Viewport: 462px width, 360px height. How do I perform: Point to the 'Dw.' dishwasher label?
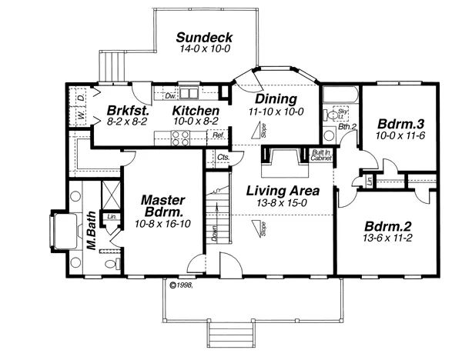(171, 95)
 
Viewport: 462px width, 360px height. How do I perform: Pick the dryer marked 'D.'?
(81, 98)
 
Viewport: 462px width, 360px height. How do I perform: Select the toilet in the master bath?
(112, 264)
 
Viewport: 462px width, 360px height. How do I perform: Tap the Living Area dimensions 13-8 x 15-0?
(278, 203)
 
